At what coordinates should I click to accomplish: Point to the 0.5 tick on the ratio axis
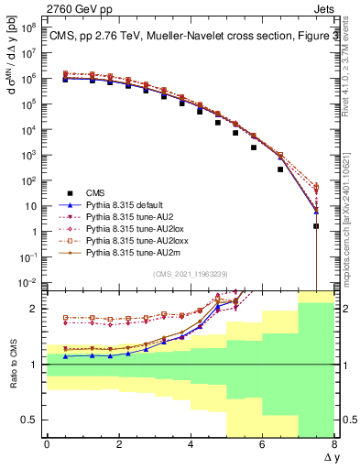pyautogui.click(x=31, y=420)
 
